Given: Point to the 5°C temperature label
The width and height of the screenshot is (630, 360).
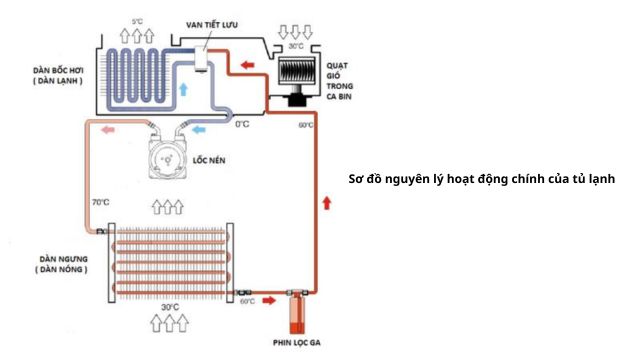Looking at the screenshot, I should click(137, 21).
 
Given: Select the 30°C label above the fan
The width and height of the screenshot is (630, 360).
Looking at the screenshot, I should click(295, 46).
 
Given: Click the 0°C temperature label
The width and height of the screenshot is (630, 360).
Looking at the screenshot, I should click(241, 125).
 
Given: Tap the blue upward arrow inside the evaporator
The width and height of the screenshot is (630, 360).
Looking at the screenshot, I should click(182, 91).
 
